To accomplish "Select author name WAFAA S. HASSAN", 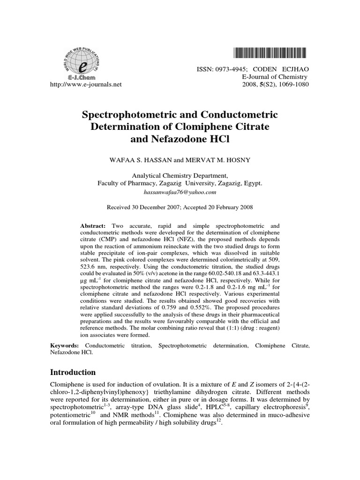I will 136,160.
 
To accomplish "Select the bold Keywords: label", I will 66,345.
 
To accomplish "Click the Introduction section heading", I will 73,372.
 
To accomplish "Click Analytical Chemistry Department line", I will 180,176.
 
